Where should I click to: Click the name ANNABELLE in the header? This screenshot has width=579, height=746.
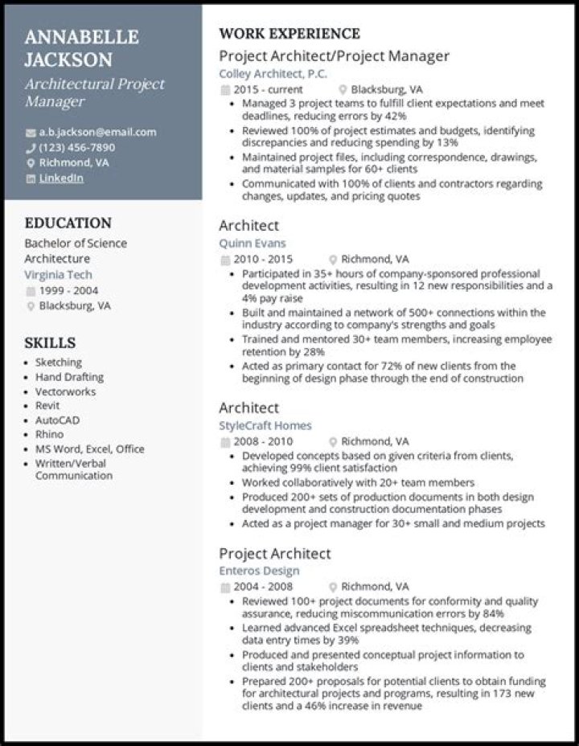[x=81, y=37]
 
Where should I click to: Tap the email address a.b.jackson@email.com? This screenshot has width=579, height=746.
[x=97, y=132]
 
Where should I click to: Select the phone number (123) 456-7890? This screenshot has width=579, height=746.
[x=76, y=147]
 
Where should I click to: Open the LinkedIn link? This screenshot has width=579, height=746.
[x=60, y=178]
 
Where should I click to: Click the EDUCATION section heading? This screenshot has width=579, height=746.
[x=68, y=223]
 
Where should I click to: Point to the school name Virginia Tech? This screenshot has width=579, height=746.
[x=58, y=274]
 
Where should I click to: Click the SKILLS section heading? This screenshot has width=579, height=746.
[x=50, y=342]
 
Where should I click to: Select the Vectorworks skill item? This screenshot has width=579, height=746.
[x=65, y=391]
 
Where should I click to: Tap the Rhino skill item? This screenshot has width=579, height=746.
[x=49, y=435]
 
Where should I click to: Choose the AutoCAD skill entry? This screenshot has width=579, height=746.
[x=57, y=420]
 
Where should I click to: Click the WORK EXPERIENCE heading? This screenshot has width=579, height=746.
[x=289, y=34]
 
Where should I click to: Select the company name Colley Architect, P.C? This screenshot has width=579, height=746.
[x=273, y=73]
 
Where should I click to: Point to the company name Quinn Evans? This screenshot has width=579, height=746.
[x=252, y=243]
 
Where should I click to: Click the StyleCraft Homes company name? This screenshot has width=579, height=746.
[x=265, y=425]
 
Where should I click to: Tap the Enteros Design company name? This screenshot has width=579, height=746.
[x=259, y=571]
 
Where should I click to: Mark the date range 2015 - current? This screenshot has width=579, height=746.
[x=268, y=89]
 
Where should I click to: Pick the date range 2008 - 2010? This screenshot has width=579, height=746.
[x=263, y=441]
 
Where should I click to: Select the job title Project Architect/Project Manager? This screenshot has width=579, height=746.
[x=334, y=55]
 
